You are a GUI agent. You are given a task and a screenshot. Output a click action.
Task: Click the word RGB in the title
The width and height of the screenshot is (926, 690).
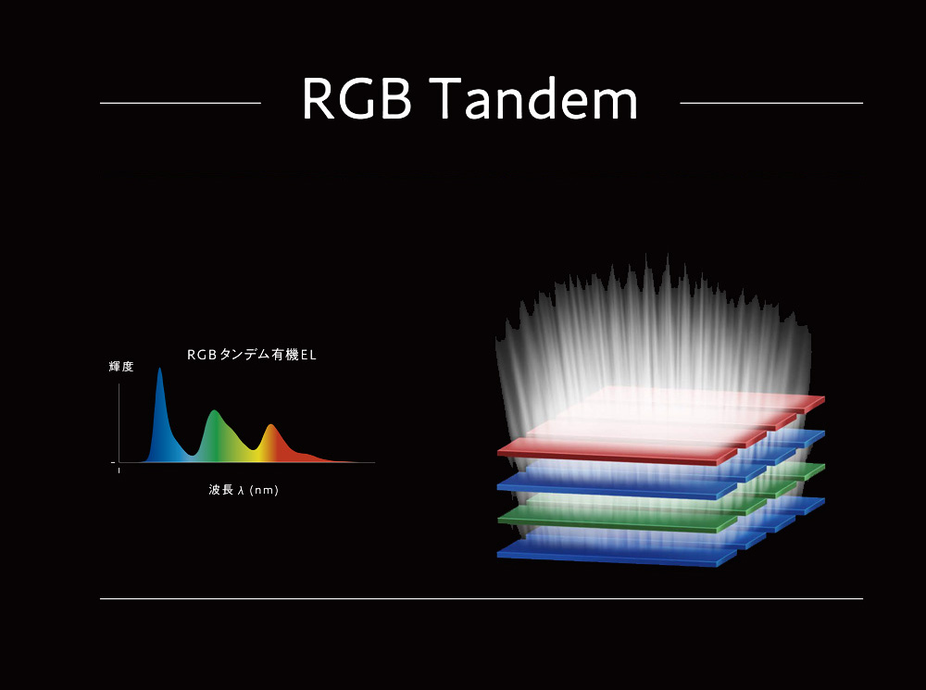357,99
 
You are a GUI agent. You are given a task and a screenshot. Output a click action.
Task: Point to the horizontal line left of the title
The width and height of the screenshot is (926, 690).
181,103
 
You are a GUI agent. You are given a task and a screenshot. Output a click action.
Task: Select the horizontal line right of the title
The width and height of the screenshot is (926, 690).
771,103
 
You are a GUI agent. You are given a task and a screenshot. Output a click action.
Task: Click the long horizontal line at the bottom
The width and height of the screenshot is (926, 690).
482,598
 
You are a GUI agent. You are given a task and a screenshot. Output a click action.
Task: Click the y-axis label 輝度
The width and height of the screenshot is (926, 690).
121,366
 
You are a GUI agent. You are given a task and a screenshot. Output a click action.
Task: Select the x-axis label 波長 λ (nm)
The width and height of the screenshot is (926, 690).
244,490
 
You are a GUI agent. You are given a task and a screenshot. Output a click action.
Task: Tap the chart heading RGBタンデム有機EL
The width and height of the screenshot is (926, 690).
252,355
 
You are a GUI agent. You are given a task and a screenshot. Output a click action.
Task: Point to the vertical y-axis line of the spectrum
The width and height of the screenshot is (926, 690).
119,423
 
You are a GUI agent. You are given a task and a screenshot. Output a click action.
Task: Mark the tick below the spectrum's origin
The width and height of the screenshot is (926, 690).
119,470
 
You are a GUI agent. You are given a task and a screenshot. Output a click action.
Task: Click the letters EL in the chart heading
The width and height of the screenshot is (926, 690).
308,355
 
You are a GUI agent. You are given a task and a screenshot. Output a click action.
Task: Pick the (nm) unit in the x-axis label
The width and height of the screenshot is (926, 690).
264,490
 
